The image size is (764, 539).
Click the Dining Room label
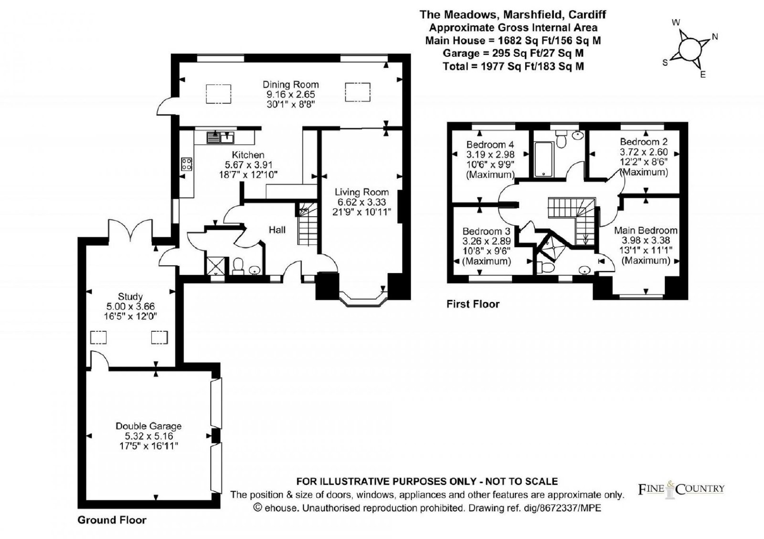tap(291, 85)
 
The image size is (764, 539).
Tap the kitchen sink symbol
tap(220, 137)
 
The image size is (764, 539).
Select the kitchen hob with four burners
tap(187, 164)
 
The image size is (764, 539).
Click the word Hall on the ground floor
tap(277, 230)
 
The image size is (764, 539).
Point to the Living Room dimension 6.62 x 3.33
tap(361, 202)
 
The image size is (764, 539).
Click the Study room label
tap(130, 296)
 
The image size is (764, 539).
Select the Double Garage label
tap(149, 426)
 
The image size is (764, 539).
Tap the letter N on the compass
tap(715, 37)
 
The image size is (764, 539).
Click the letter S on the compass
tap(665, 63)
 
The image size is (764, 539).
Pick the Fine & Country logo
tap(681, 489)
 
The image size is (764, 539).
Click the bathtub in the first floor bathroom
tap(544, 159)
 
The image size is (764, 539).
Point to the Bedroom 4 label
tap(490, 144)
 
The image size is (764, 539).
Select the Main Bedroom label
tap(646, 231)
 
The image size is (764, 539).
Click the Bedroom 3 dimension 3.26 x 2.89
tap(487, 242)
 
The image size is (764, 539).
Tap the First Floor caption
tap(473, 304)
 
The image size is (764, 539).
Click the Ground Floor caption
tap(112, 520)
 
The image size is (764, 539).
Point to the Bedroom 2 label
tap(644, 141)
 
